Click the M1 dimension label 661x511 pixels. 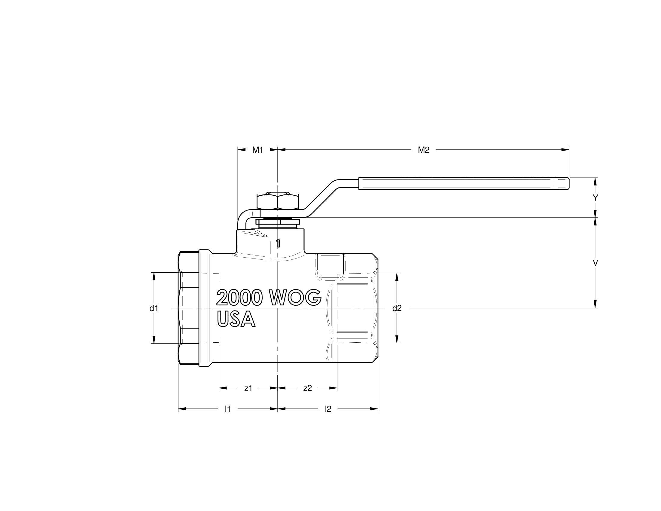pos(257,150)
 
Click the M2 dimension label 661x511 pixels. pos(423,150)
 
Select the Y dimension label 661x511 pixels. pos(595,198)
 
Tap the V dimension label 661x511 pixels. pos(595,263)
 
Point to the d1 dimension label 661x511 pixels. pos(154,308)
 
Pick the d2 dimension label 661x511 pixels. pos(397,308)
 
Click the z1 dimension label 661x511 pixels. pos(248,388)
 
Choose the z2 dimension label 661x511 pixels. pos(307,388)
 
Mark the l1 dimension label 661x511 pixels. pos(228,409)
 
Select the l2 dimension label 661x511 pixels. pos(328,409)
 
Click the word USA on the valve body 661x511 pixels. pos(236,319)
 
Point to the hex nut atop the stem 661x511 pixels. pos(278,201)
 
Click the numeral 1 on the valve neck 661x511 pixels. pos(278,243)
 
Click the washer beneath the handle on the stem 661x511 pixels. pos(278,222)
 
